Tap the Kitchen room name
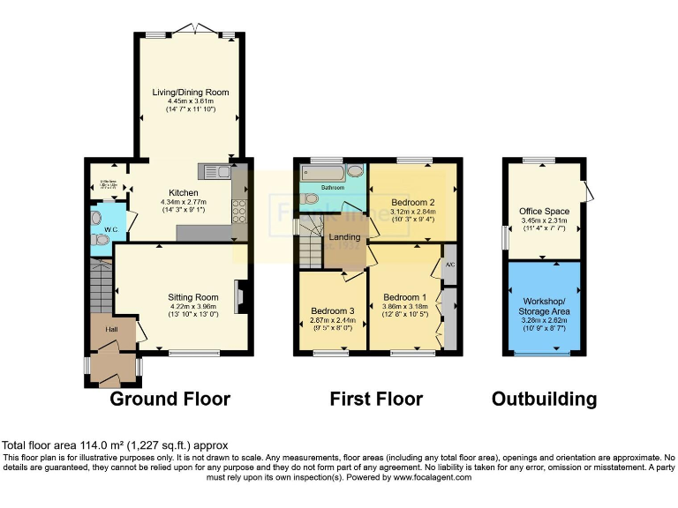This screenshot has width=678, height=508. pos(184,192)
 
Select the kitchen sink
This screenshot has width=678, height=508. pos(217,171)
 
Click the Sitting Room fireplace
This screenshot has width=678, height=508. pos(239,297)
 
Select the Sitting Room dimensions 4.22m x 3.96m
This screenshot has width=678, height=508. pos(193,307)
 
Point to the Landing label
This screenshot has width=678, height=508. pos(344,237)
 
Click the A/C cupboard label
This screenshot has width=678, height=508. pos(449,265)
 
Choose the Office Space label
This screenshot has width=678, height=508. pos(544,212)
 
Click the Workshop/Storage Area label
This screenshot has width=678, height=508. pos(544,304)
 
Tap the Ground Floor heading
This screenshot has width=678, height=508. pos(169,399)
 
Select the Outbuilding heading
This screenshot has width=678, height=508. pos(544,399)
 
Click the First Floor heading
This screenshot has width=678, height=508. pos(376,399)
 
